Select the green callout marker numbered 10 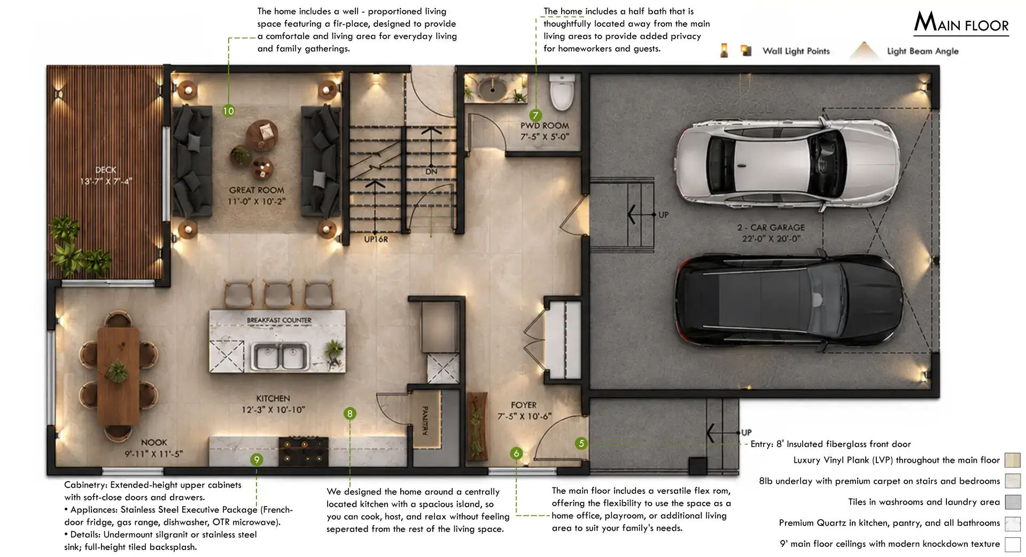tap(228, 111)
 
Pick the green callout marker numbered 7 tap(535, 115)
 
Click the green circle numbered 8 tap(349, 413)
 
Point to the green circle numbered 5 tap(581, 443)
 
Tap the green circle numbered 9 tap(256, 460)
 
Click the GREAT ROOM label tap(256, 190)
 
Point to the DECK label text tap(106, 170)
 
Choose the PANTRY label tap(425, 421)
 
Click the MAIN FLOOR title tap(961, 22)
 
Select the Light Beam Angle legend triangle tap(864, 50)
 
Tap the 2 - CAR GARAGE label tap(771, 228)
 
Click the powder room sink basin tap(491, 87)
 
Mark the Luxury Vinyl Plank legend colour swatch tap(1013, 460)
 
